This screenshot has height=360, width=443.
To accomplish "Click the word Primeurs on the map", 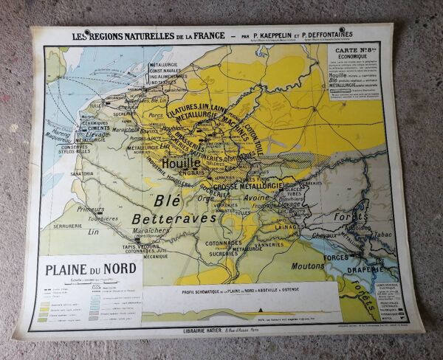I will [92, 209].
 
